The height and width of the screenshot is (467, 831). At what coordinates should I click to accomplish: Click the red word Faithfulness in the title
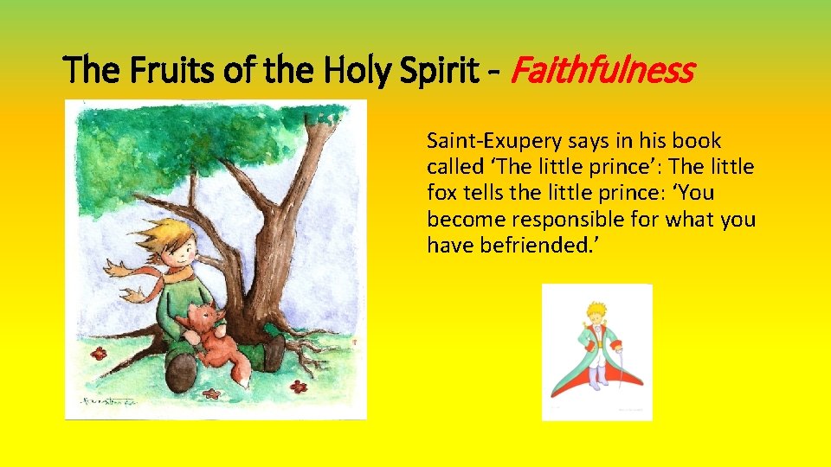tap(602, 70)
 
